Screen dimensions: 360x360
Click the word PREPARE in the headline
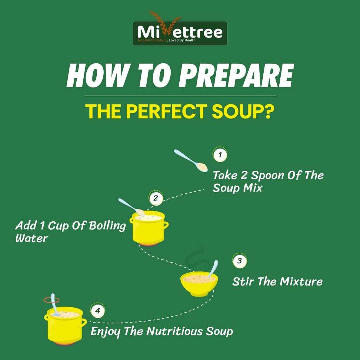point(236,76)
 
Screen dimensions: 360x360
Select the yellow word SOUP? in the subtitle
point(243,111)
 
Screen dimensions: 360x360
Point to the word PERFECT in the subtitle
point(167,111)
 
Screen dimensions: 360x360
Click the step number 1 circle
point(220,155)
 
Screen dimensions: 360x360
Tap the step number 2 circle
point(156,198)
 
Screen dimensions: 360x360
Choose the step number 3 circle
point(240,261)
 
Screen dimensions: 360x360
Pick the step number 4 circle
point(97,311)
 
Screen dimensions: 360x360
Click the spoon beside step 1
point(191,160)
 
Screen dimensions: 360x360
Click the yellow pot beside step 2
point(149,228)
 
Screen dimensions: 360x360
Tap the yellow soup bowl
point(199,284)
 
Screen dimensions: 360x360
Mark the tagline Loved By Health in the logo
point(182,40)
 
